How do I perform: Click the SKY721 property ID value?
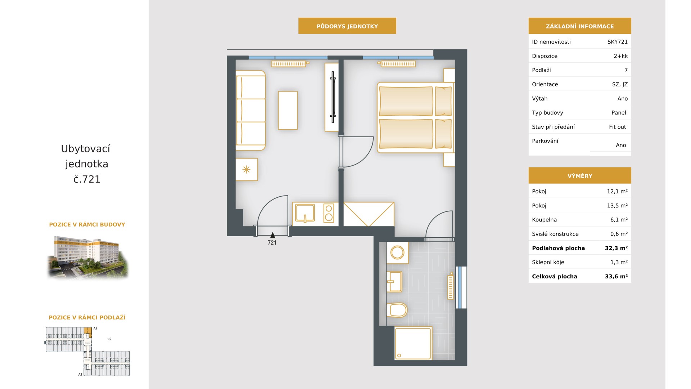pos(617,42)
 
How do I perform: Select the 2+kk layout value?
pos(620,56)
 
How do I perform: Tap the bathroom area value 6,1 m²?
pos(619,220)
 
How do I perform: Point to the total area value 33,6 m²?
pos(616,277)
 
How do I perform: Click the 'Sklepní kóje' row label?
pos(548,263)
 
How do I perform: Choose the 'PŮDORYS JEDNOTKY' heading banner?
pos(347,26)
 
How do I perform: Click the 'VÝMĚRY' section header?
pos(579,176)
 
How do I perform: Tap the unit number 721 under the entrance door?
pos(272,243)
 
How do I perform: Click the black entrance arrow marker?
pos(272,235)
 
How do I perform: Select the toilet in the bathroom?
pos(397,310)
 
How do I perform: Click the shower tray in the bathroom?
pos(413,343)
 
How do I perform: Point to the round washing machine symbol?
pos(397,252)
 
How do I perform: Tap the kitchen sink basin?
pos(305,213)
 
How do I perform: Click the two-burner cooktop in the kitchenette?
pos(329,213)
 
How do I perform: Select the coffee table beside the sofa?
pos(288,110)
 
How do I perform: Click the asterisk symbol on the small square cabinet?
pos(246,169)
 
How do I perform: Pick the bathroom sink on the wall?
pos(394,281)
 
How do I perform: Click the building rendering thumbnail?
pos(87,257)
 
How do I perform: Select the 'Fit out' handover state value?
pos(617,127)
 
